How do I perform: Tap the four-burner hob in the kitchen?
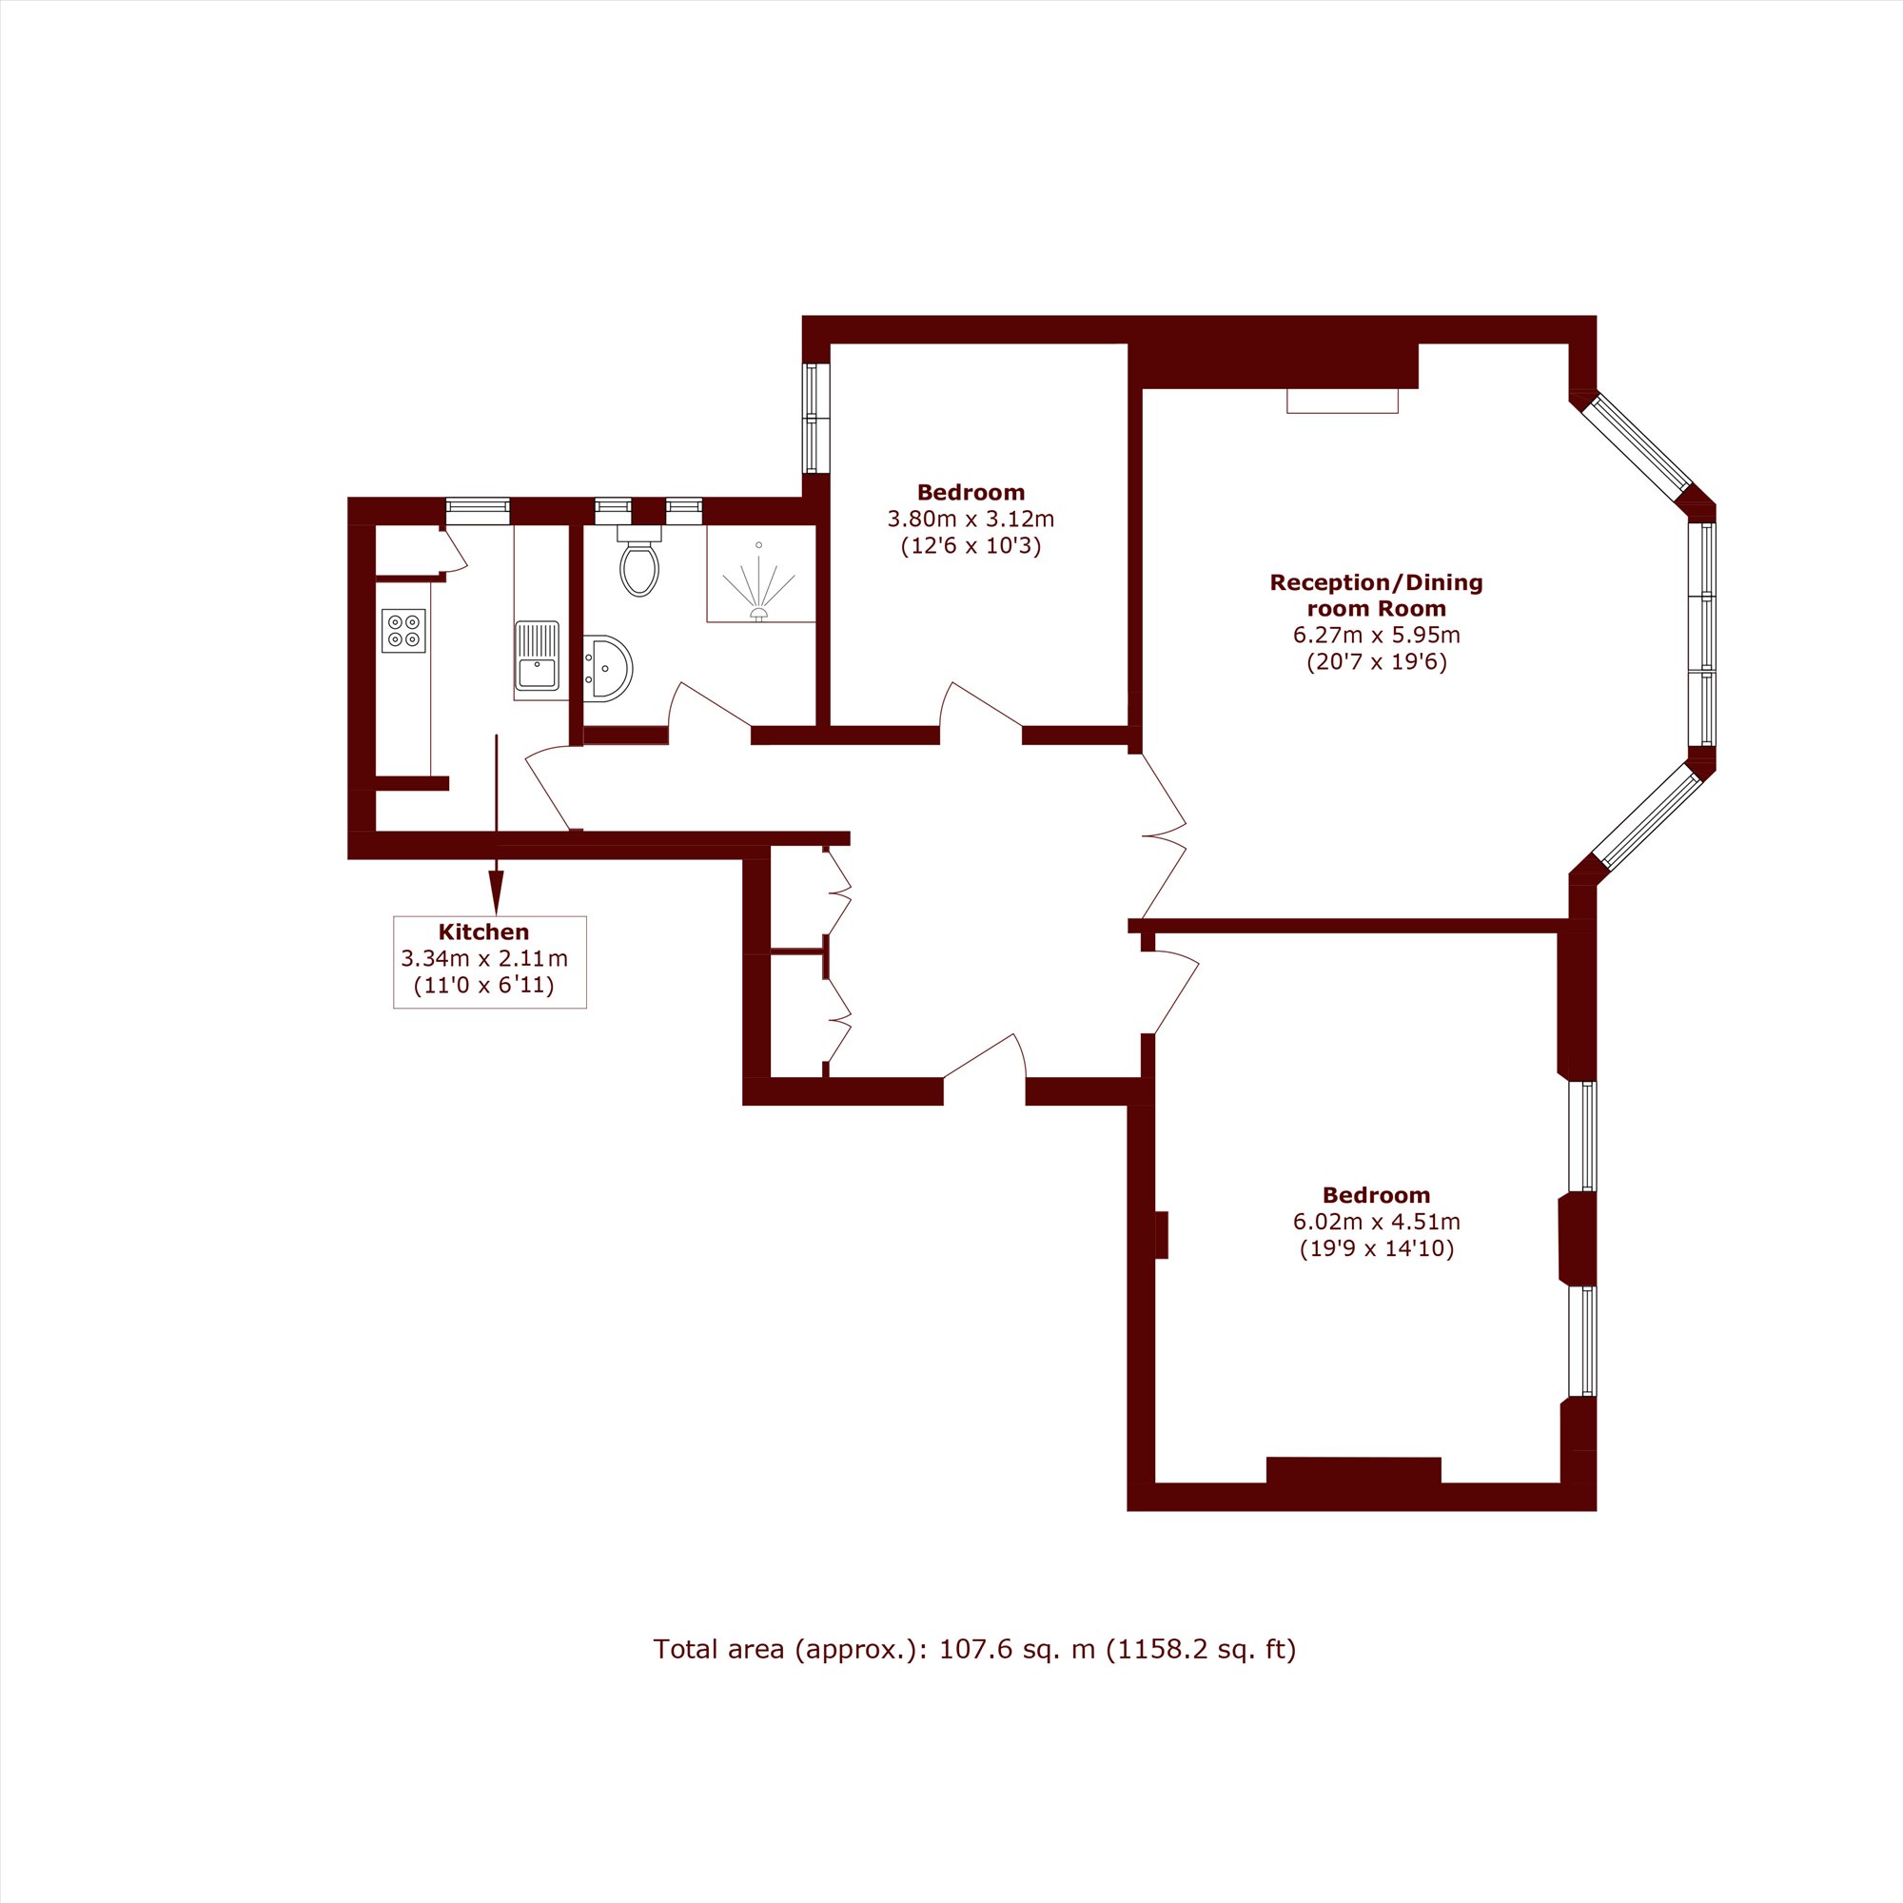pyautogui.click(x=403, y=631)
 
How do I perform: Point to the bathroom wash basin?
pyautogui.click(x=606, y=668)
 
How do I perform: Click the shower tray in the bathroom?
pyautogui.click(x=760, y=573)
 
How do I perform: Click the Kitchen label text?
pyautogui.click(x=483, y=932)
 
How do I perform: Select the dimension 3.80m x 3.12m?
pyautogui.click(x=971, y=519)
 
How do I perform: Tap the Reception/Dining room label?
pyautogui.click(x=1376, y=595)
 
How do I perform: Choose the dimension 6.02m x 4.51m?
pyautogui.click(x=1376, y=1223)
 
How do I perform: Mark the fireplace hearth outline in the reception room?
pyautogui.click(x=1343, y=401)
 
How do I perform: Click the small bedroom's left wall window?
pyautogui.click(x=816, y=418)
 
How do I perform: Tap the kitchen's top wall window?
pyautogui.click(x=478, y=511)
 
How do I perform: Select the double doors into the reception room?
pyautogui.click(x=1164, y=836)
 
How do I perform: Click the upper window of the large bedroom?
pyautogui.click(x=1582, y=1137)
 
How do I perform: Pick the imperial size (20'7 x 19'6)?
pyautogui.click(x=1376, y=662)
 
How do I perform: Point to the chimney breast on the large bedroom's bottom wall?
pyautogui.click(x=1353, y=1470)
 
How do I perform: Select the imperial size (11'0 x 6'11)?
pyautogui.click(x=483, y=985)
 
